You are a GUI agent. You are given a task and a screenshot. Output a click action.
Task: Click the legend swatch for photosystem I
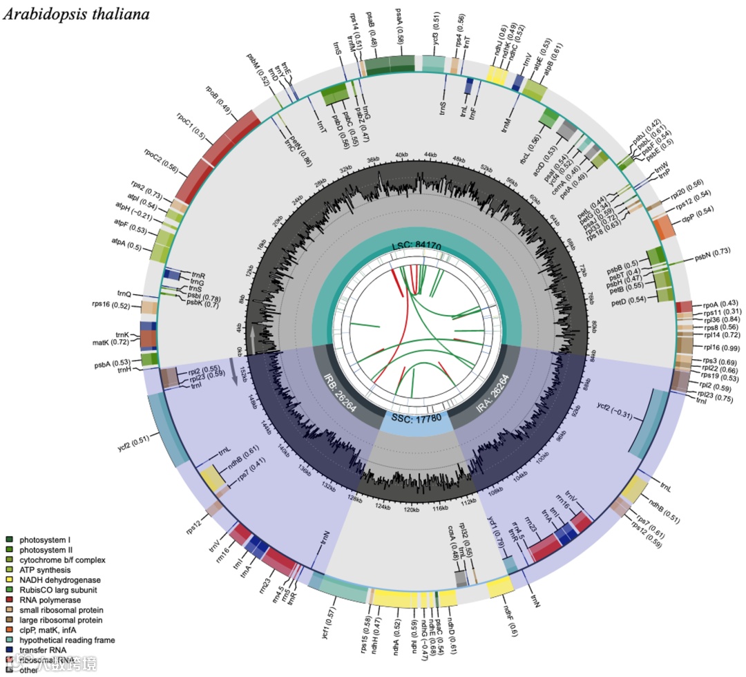pyautogui.click(x=9, y=539)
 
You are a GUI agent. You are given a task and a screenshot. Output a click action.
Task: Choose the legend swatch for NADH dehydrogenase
pyautogui.click(x=9, y=580)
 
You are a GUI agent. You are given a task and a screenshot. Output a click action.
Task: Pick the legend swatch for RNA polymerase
pyautogui.click(x=9, y=600)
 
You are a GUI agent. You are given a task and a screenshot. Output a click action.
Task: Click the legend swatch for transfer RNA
pyautogui.click(x=9, y=651)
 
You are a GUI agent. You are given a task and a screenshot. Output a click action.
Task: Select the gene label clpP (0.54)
pyautogui.click(x=698, y=220)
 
